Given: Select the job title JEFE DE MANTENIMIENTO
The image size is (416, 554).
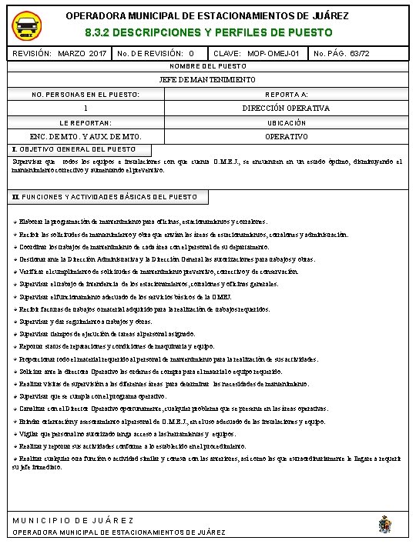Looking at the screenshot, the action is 207,79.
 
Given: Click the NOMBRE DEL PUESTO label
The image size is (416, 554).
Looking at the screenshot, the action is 207,67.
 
